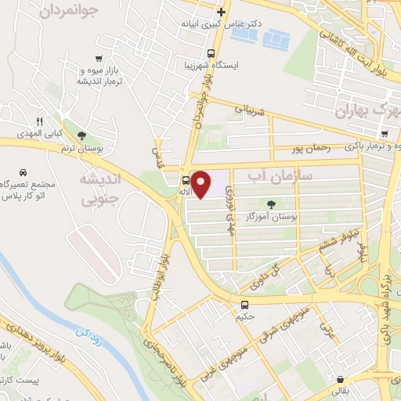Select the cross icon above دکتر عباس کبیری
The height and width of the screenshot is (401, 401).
click(222, 12)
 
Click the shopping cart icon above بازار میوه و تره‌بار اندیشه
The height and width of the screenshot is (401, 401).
click(98, 58)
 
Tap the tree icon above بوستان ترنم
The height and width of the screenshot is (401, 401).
click(81, 135)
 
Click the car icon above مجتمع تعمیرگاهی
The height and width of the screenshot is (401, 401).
click(24, 172)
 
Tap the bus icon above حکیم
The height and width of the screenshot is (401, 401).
click(245, 305)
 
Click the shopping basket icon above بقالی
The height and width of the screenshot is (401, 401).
click(339, 378)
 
